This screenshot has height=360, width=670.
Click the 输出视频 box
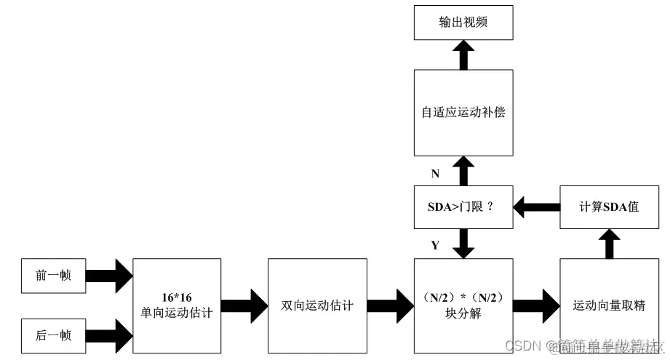click(463, 23)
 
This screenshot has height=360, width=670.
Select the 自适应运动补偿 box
click(463, 113)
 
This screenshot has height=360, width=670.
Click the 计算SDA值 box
click(609, 207)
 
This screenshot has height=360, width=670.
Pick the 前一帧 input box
click(54, 276)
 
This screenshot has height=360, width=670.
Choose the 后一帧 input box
click(54, 335)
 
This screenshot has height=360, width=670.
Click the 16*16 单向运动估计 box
click(177, 305)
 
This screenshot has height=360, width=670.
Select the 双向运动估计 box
click(317, 305)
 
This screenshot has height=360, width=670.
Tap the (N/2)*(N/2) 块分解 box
click(463, 305)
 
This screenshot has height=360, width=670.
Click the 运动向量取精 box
click(609, 305)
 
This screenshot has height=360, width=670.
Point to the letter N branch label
click(435, 174)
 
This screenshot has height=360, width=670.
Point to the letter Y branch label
click(435, 245)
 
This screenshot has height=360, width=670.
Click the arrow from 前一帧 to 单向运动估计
click(109, 276)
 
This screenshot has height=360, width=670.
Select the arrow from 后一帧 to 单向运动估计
click(109, 335)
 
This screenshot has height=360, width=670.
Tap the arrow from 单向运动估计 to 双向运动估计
click(245, 305)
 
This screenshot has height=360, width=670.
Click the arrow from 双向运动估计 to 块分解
click(390, 305)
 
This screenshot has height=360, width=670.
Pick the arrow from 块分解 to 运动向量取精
click(537, 305)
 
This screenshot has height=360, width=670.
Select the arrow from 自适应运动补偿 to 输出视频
click(463, 55)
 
